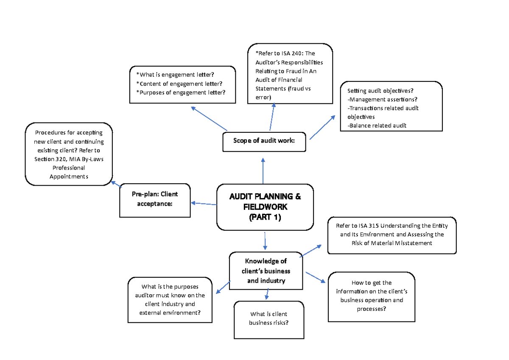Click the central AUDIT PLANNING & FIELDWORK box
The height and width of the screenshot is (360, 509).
pyautogui.click(x=265, y=207)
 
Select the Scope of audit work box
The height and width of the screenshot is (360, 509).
pyautogui.click(x=264, y=141)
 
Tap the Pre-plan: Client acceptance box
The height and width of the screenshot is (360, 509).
pyautogui.click(x=155, y=199)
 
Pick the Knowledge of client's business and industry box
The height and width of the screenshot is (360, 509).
pyautogui.click(x=266, y=271)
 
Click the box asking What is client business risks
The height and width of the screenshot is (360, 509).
pyautogui.click(x=268, y=319)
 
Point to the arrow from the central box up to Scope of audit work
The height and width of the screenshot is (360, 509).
pyautogui.click(x=263, y=170)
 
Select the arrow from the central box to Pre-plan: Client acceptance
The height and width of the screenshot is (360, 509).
pyautogui.click(x=204, y=204)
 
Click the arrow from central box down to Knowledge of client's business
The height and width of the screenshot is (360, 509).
pyautogui.click(x=265, y=241)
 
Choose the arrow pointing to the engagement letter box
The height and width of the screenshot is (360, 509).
pyautogui.click(x=209, y=119)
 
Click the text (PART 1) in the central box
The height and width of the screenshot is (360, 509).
pyautogui.click(x=265, y=218)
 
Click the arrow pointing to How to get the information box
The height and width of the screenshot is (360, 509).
pyautogui.click(x=316, y=277)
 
